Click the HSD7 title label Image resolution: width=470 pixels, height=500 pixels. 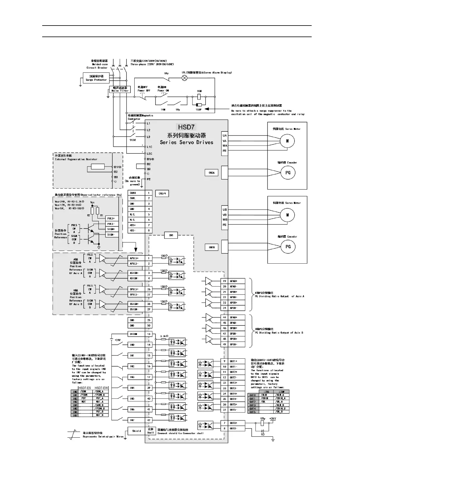186,127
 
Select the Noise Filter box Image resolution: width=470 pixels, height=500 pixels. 120,89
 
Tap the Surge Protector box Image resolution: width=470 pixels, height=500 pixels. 96,78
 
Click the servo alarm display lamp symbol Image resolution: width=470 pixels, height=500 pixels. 184,78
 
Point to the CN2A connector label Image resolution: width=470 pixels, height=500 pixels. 212,173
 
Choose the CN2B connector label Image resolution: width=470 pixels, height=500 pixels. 212,247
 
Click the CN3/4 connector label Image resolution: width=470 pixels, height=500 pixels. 162,193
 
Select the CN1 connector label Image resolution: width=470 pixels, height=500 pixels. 171,235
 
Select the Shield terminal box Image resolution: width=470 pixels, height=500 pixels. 136,431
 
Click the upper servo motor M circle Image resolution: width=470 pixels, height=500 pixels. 287,141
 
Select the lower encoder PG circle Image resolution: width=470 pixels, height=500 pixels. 288,247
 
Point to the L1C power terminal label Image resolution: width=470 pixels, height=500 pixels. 149,147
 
